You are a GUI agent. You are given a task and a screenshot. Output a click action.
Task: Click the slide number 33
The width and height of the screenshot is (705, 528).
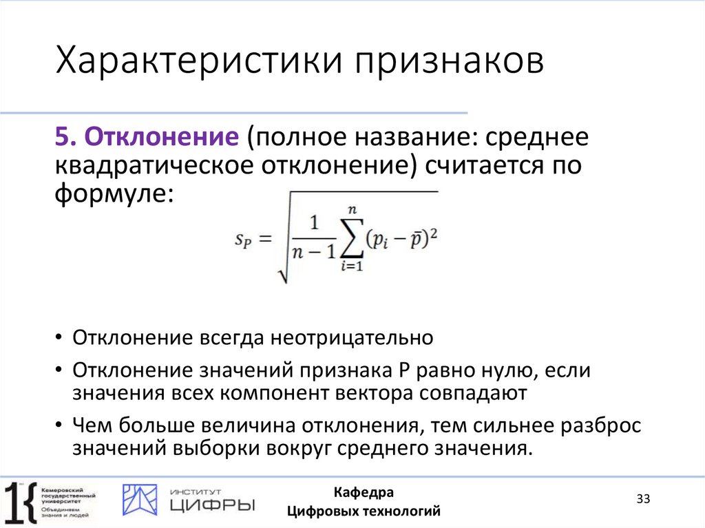coord(643,498)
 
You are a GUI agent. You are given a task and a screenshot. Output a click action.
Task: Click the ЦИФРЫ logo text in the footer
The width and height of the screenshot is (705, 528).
coord(212,506)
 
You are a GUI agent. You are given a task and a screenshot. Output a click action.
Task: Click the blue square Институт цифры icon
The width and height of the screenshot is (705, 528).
coord(140,500)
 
